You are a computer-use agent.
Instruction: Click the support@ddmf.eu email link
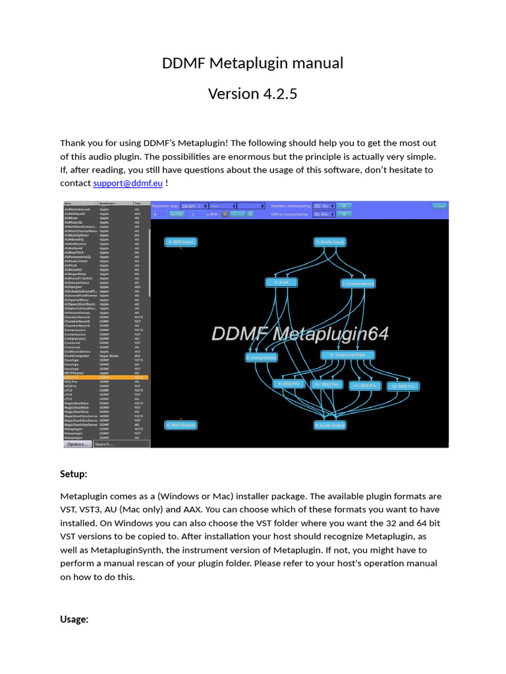coord(128,183)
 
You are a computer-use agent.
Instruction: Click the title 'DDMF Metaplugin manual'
coord(253,63)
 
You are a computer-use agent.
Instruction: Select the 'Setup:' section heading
coord(73,474)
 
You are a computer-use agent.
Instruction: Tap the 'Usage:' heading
coord(74,619)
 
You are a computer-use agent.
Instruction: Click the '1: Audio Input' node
coord(329,242)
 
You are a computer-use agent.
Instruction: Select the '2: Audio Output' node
coord(329,425)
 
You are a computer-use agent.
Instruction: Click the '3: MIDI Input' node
coord(181,242)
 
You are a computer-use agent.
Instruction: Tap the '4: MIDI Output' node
coord(181,425)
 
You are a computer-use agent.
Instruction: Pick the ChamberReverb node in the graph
coord(358,284)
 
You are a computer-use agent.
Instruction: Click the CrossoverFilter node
coord(347,355)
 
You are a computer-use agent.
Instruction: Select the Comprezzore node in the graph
coord(262,357)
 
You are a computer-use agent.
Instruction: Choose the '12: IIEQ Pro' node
coord(402,386)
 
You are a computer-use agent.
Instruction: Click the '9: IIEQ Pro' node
coord(289,383)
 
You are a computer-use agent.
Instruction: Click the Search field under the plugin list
coord(121,444)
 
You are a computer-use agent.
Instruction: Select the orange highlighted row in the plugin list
coord(105,377)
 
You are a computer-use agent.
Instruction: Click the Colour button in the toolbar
coord(439,205)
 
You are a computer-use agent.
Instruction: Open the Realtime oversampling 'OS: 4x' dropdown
coord(323,205)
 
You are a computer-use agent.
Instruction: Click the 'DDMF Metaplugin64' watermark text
coord(300,334)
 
